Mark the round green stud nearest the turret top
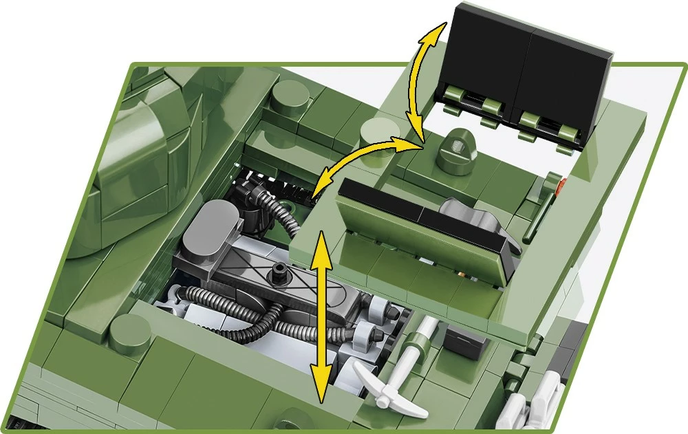tap(290, 97)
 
